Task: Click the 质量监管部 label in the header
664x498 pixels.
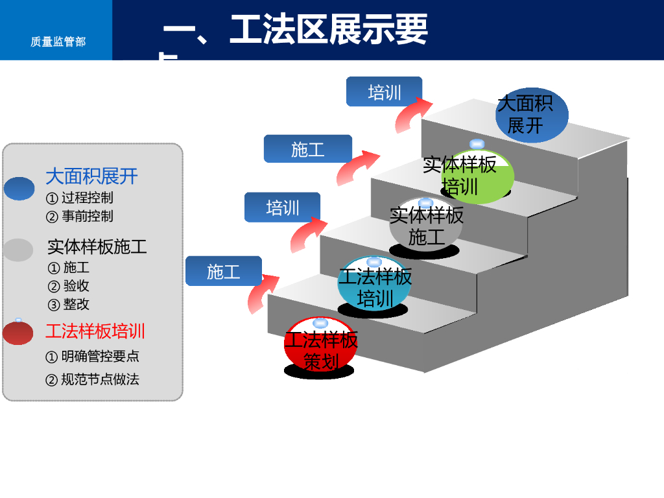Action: click(58, 41)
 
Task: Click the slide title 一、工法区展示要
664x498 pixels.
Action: click(295, 30)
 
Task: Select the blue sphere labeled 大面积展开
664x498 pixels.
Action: click(531, 115)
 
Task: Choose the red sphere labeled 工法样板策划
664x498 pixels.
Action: click(320, 344)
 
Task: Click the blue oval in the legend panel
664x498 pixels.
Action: click(19, 189)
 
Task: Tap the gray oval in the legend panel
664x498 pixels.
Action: click(18, 250)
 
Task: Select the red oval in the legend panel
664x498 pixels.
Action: click(18, 333)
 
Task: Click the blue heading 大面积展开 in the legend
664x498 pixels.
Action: click(91, 176)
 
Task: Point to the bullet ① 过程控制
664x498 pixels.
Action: click(80, 198)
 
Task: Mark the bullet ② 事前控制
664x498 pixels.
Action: click(80, 216)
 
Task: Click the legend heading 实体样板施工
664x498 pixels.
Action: click(97, 246)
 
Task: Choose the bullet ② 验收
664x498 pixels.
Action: click(69, 286)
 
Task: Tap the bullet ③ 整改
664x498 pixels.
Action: click(69, 304)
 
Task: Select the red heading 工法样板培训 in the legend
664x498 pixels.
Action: click(95, 331)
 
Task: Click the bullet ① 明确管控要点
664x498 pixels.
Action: click(92, 357)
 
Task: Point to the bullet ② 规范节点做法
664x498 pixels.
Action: click(92, 379)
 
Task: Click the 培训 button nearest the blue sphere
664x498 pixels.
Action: click(384, 91)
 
